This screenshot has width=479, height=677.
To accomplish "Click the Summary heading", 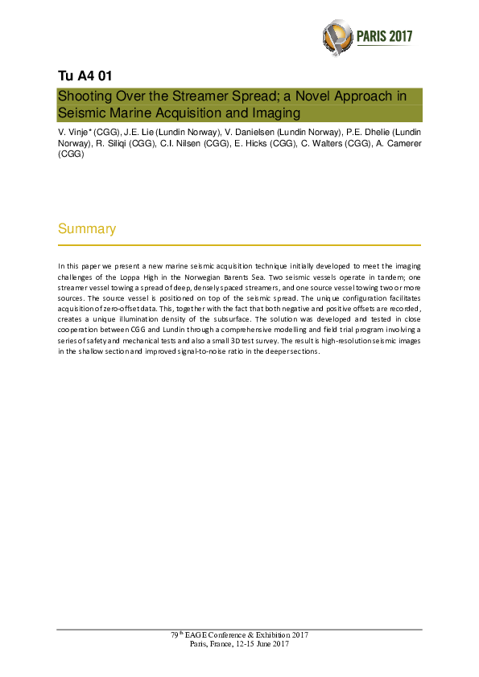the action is pos(87,229).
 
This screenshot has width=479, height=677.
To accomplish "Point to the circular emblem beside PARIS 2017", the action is pos(337,35).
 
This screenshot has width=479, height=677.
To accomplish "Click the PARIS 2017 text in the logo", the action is pos(385,36).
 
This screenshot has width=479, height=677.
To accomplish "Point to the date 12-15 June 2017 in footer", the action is pos(258,644).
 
